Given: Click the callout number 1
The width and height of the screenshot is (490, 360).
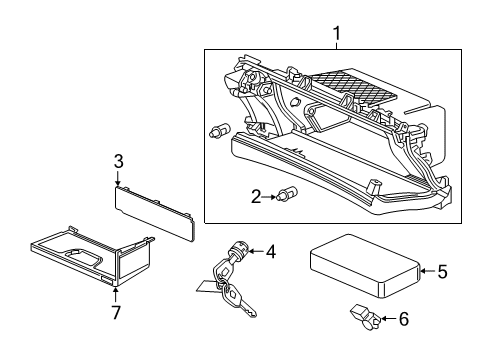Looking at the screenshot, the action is [337, 34].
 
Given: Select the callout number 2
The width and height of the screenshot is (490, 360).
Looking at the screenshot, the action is [256, 197].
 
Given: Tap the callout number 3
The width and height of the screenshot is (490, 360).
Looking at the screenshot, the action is [118, 161].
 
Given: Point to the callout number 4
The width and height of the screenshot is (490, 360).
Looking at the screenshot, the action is [271, 251].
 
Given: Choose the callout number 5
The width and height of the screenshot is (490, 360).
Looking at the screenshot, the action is [442, 271].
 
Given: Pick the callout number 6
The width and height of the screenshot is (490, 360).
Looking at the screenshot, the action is [404, 319].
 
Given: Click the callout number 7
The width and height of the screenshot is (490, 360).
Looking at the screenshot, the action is [116, 312].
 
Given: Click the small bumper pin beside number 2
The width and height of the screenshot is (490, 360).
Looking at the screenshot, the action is [287, 193].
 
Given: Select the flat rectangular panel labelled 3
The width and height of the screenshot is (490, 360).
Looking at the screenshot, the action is [154, 213].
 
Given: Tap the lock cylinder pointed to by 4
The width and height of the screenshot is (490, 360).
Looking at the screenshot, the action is [238, 252].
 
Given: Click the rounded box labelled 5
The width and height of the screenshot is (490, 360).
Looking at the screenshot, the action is [365, 265].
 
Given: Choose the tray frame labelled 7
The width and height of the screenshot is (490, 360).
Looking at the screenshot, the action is [92, 256].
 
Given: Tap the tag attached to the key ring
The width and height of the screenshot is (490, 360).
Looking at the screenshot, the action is [208, 287].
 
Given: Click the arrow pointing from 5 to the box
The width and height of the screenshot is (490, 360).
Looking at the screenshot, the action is [428, 271].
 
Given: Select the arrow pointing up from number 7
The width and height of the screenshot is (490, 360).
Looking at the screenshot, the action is [115, 295].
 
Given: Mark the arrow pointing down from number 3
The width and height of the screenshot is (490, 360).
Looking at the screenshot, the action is [118, 178].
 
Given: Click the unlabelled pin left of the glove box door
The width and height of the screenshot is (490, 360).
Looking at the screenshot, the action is [219, 130].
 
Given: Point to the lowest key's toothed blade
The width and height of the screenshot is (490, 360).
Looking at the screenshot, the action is [247, 309].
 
